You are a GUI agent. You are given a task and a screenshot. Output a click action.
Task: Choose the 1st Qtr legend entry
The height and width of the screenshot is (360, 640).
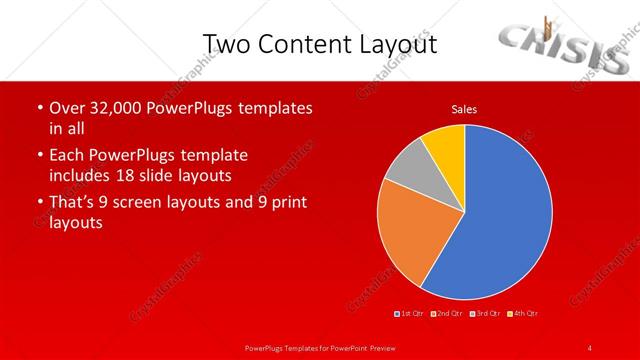coord(411,314)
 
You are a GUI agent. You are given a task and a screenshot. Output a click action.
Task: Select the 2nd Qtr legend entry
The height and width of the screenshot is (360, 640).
coord(446,314)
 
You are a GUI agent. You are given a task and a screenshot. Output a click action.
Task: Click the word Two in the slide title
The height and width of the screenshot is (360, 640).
coord(225,44)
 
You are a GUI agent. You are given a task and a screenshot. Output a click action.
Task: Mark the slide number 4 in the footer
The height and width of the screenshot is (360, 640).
coord(589,347)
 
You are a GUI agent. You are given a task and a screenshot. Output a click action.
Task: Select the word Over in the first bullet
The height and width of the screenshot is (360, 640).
coord(66,108)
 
